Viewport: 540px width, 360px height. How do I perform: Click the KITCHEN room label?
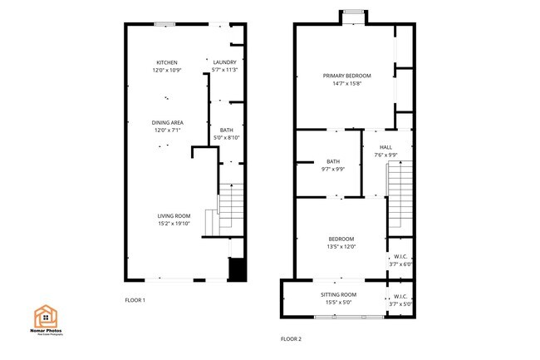click(167, 63)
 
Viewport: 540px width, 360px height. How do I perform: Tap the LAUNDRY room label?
click(224, 63)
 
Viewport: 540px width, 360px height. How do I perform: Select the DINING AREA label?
click(167, 123)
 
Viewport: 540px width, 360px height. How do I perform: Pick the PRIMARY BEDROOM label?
click(346, 76)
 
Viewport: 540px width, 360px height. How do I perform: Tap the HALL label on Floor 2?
click(385, 147)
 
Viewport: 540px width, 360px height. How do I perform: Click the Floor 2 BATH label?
click(333, 161)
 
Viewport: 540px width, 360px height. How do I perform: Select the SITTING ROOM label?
click(338, 295)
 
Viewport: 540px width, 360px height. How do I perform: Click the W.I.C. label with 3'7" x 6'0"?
click(400, 256)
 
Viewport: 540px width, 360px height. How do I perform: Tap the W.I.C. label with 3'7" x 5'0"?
click(400, 297)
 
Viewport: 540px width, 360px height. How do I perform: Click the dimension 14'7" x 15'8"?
click(346, 83)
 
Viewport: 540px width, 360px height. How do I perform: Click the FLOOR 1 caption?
click(135, 299)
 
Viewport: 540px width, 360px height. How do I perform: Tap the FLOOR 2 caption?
click(291, 338)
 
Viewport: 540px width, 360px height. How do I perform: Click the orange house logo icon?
click(45, 316)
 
